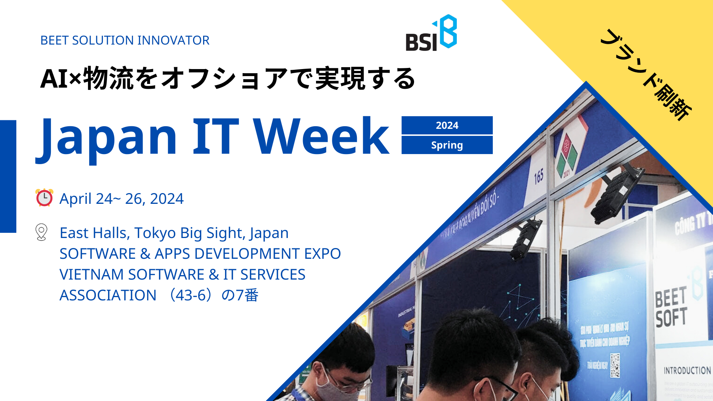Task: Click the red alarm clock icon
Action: coord(44,198)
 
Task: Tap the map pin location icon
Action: coord(41,232)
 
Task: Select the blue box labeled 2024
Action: coord(447,125)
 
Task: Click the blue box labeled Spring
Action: coord(447,145)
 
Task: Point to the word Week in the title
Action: coord(321,137)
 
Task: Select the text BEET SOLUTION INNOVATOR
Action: coord(125,40)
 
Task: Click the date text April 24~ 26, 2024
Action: coord(121,199)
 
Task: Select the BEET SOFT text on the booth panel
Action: coord(671,307)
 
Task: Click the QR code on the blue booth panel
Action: coord(615,365)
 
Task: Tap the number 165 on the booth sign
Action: coord(539,176)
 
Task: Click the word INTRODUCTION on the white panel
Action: coord(687,371)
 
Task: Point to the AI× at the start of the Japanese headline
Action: coord(60,79)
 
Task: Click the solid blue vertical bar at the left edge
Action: coord(8,176)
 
